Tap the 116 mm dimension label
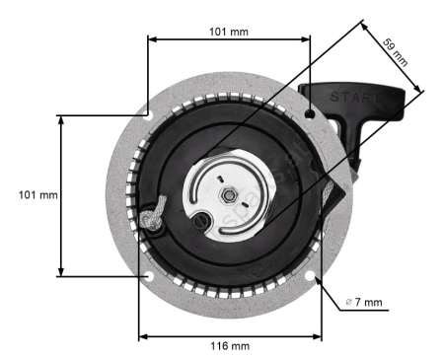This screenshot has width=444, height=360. [228, 346]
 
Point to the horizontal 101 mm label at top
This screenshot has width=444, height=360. [228, 31]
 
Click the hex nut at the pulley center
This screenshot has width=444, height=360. [228, 193]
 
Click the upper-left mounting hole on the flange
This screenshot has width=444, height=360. [148, 113]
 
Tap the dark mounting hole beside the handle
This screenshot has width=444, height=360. [310, 114]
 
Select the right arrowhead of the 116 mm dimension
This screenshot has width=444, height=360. [321, 335]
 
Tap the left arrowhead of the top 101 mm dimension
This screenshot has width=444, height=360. [150, 40]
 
